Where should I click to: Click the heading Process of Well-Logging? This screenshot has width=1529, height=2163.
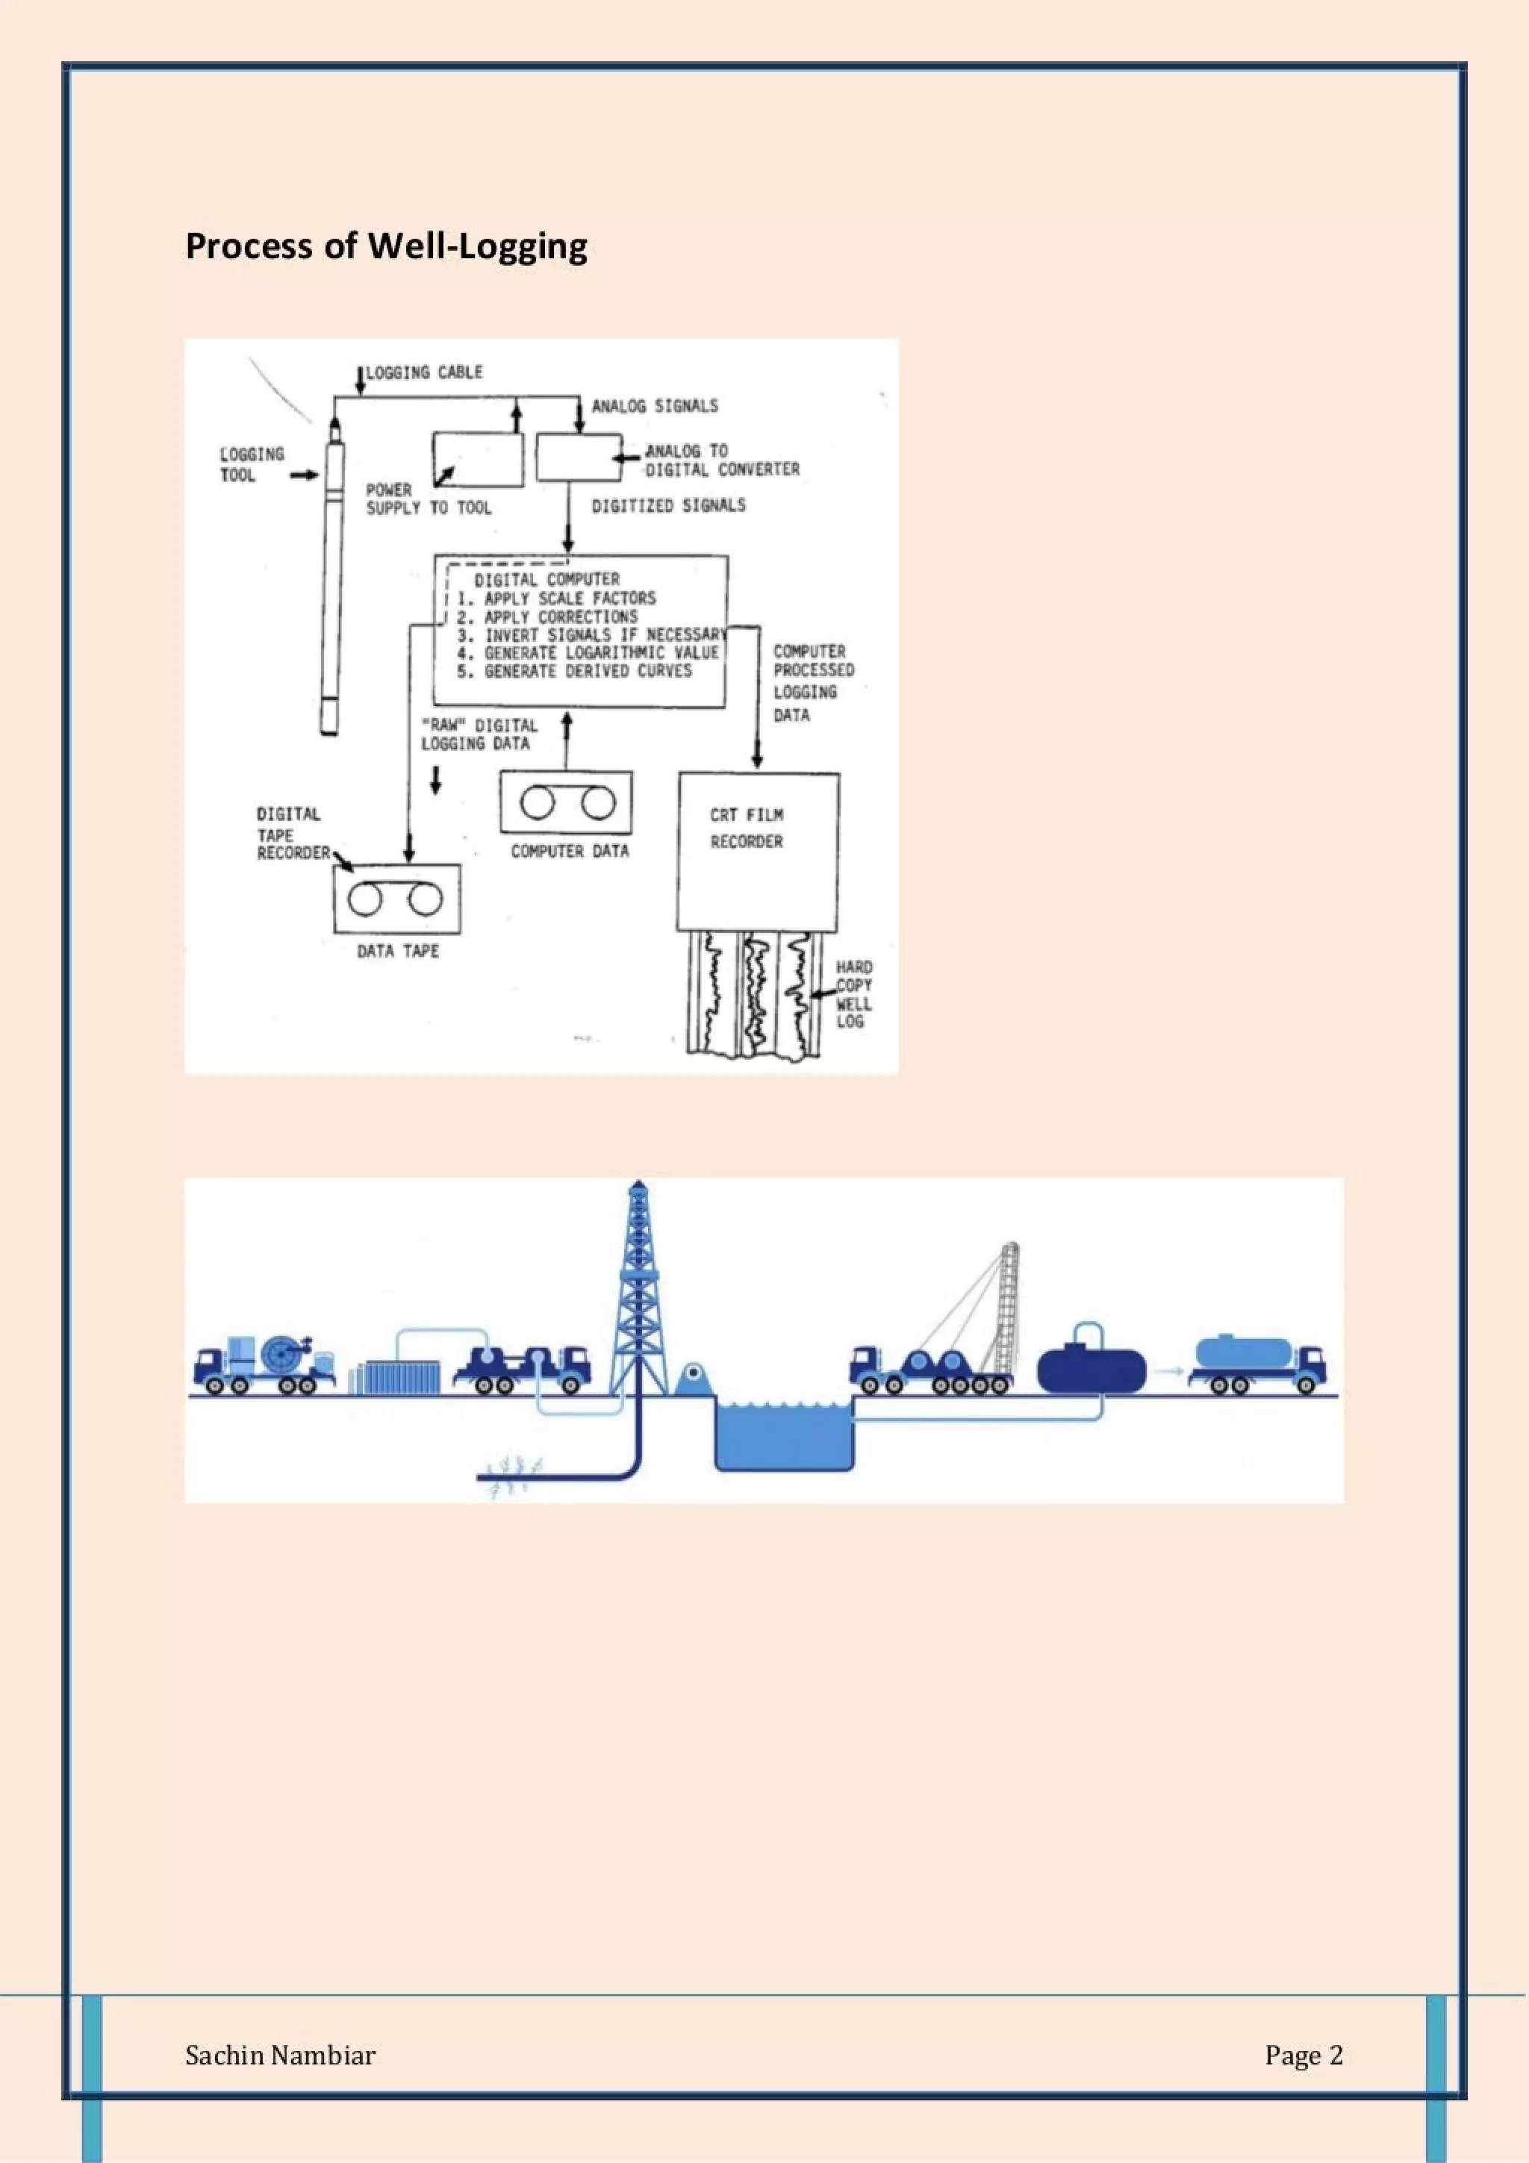coord(386,246)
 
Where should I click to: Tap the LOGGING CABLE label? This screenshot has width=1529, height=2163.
coord(424,372)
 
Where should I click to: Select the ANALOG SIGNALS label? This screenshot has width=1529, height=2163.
coord(655,406)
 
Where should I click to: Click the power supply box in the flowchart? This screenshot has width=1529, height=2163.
coord(478,459)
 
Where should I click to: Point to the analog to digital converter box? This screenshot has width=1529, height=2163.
coord(579,458)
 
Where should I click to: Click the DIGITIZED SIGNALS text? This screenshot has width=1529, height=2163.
coord(668,506)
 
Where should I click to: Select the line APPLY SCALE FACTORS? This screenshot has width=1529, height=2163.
coord(569,598)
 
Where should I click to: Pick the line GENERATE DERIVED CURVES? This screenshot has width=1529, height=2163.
coord(587,671)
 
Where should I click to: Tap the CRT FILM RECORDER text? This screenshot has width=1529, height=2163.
coord(746,828)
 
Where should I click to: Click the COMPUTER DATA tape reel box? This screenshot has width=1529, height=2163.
coord(566,802)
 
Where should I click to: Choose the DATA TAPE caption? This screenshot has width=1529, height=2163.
coord(398,952)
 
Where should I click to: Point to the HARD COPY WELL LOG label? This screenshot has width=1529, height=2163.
coord(853,994)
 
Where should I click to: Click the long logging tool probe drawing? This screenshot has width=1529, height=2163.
coord(331,584)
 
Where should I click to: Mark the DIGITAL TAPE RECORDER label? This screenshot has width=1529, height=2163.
coord(292,834)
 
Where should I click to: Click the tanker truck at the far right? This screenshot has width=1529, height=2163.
coord(1256,1364)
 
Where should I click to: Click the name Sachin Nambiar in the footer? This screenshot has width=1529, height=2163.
coord(280,2056)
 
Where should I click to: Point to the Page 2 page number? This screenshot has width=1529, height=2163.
coord(1303,2056)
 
